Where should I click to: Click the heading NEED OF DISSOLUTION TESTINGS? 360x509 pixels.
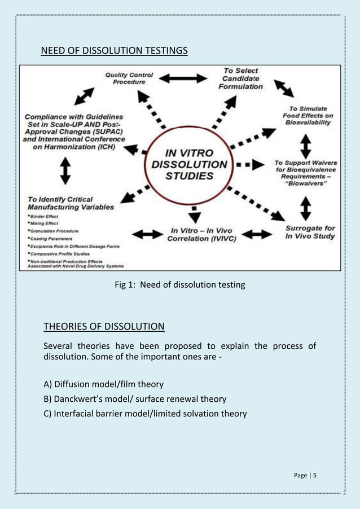pyautogui.click(x=114, y=52)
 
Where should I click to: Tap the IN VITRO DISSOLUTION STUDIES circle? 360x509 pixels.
pyautogui.click(x=190, y=163)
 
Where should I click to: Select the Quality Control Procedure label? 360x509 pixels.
pyautogui.click(x=129, y=78)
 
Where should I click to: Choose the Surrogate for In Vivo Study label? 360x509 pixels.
pyautogui.click(x=310, y=232)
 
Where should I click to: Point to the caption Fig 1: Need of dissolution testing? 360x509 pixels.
pyautogui.click(x=180, y=285)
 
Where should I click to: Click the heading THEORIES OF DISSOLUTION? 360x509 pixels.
pyautogui.click(x=104, y=326)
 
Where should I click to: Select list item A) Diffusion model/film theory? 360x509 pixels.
pyautogui.click(x=103, y=384)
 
